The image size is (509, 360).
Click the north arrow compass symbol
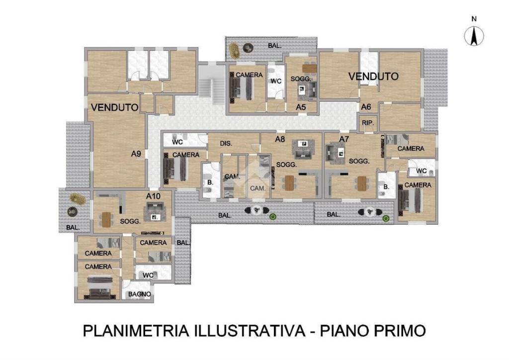tap(474, 35)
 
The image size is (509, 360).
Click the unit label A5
tap(301, 107)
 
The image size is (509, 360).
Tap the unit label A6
tap(366, 107)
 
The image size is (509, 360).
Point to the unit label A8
tap(280, 139)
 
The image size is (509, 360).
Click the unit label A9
tap(137, 154)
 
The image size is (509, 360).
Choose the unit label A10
tap(154, 196)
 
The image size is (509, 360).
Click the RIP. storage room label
tap(368, 123)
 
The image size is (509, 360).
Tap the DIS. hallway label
tap(227, 144)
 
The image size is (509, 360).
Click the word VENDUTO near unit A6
tap(373, 77)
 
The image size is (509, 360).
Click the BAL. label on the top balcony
tap(275, 46)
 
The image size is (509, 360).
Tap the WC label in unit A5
tap(276, 81)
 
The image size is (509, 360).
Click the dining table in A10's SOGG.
tap(106, 219)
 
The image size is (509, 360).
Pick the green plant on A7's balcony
tap(386, 218)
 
